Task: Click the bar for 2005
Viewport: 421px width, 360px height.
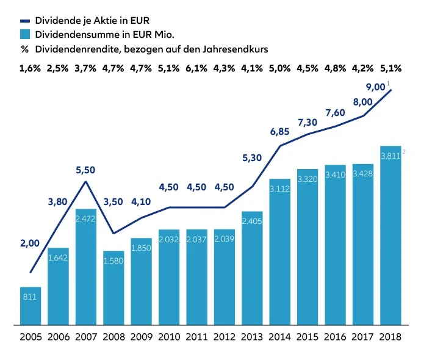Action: point(31,305)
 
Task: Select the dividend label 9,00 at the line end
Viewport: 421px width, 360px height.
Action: point(375,87)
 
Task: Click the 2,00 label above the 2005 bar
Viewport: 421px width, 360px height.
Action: point(29,243)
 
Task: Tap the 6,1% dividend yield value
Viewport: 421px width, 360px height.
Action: point(196,68)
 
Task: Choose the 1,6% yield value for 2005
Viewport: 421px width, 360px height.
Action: point(30,68)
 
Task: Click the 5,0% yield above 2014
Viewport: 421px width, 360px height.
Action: point(279,68)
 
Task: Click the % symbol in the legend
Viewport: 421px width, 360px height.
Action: point(24,48)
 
